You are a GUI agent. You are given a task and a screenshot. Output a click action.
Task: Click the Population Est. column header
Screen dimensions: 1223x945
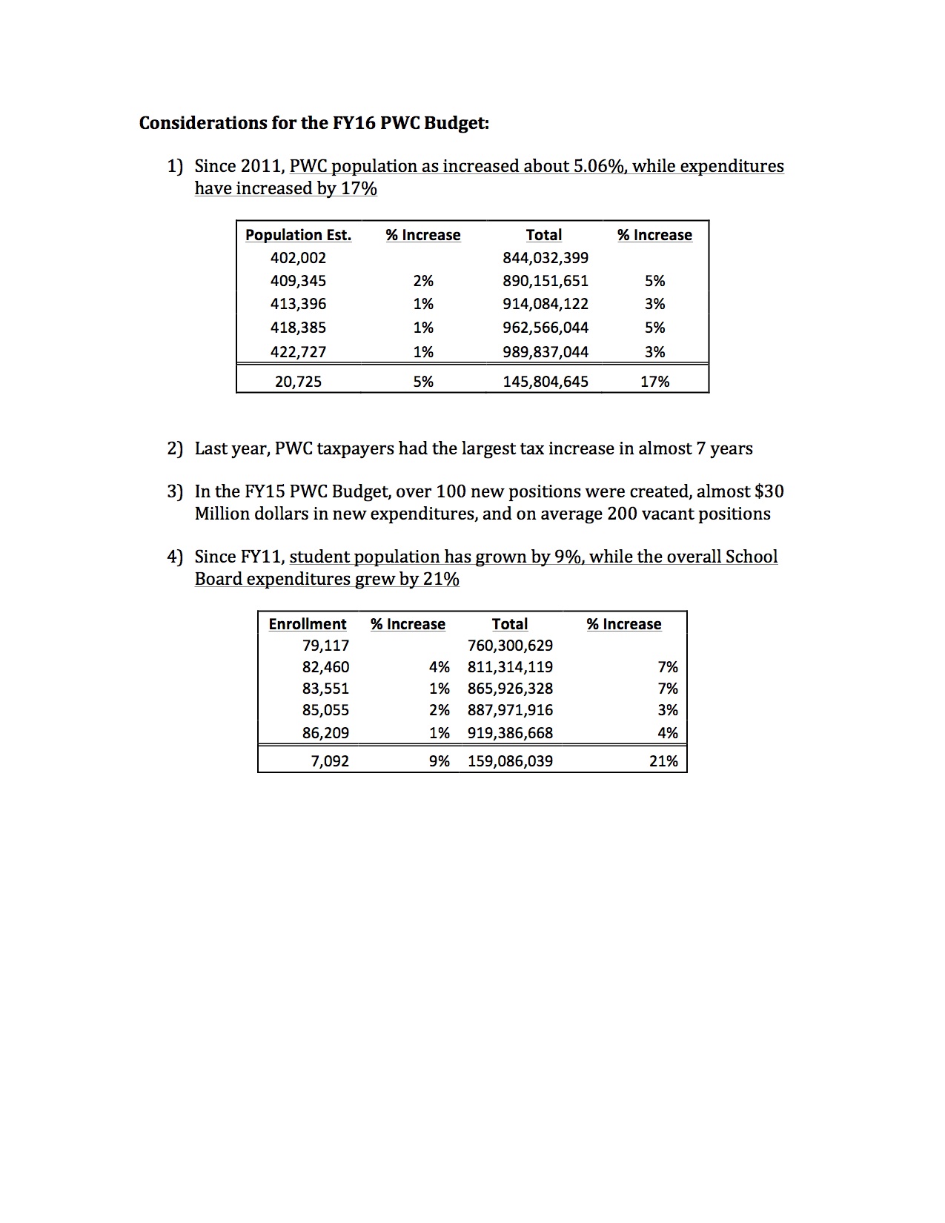click(298, 235)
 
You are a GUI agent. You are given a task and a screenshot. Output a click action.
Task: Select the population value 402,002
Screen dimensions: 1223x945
click(298, 258)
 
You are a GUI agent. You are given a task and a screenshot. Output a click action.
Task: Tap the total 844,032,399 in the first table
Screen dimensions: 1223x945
click(546, 258)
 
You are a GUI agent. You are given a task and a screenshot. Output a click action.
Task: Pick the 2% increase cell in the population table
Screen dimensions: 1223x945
click(423, 281)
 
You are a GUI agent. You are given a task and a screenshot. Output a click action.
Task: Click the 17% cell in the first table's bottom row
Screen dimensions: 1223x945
click(654, 382)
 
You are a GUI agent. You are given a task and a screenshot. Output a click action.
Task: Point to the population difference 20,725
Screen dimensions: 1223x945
click(298, 382)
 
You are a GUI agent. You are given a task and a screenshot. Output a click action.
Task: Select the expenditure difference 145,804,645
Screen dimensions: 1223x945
click(546, 382)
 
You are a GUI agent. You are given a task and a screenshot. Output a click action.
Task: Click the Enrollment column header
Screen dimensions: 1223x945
click(307, 624)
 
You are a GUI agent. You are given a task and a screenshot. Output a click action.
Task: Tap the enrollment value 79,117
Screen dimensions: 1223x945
click(325, 646)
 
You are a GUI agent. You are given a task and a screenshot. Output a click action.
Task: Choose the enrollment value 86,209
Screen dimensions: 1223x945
click(325, 733)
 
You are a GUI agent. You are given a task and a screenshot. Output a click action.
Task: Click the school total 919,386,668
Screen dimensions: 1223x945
click(510, 733)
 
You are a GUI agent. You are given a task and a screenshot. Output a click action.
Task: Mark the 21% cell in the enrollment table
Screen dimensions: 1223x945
click(663, 761)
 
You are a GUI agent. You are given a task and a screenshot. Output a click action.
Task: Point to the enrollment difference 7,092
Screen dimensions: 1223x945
click(330, 761)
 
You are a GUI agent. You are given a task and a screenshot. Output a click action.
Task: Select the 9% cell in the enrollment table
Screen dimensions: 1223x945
click(440, 761)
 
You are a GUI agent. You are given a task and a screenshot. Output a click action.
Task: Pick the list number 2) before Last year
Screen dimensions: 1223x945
click(174, 448)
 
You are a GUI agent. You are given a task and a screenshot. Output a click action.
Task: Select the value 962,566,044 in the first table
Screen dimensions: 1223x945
click(546, 328)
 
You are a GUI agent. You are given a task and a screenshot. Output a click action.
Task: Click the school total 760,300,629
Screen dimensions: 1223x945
click(510, 646)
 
